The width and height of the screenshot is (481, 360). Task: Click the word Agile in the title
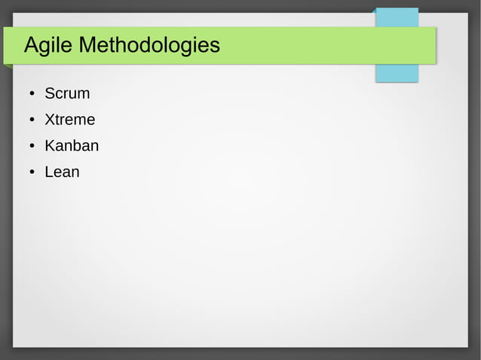(48, 46)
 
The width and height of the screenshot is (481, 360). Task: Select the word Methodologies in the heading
(149, 46)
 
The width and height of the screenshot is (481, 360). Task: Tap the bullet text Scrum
(67, 94)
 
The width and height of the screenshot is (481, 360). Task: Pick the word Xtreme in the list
(69, 120)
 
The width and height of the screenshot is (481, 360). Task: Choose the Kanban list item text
(72, 145)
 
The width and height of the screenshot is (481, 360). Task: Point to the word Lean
(62, 172)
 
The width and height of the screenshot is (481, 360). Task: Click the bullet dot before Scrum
(32, 95)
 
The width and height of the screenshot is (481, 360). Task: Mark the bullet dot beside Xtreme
(32, 121)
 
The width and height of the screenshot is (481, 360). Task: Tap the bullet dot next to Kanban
(32, 146)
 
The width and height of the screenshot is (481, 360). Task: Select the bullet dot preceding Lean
(32, 172)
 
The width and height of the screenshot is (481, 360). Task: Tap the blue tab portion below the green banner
(397, 73)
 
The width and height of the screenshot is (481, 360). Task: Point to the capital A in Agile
(32, 46)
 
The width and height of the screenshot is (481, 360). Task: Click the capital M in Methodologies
(87, 46)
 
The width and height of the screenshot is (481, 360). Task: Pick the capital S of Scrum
(50, 94)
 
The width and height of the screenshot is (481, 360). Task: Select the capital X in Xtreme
(50, 120)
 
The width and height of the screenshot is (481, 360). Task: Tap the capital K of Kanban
(51, 145)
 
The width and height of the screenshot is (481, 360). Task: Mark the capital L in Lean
(49, 172)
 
